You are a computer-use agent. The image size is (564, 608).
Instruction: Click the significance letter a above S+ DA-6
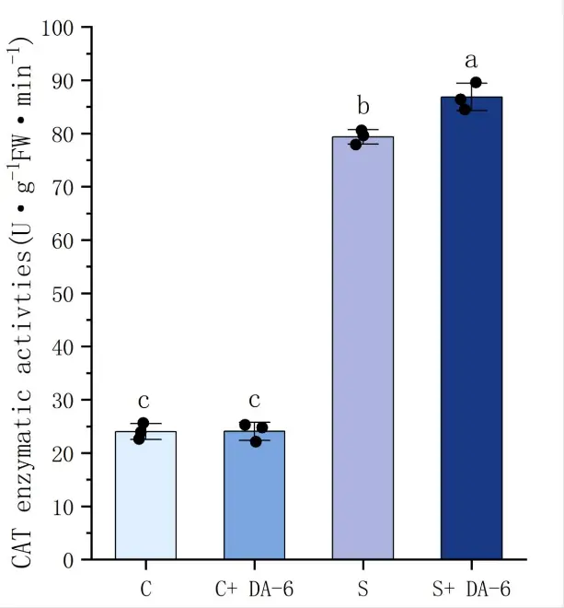click(471, 62)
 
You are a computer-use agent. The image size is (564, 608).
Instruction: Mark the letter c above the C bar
click(144, 401)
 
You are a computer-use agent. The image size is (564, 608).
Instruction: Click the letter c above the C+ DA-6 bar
click(254, 401)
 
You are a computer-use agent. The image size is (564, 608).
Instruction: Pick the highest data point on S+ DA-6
click(476, 83)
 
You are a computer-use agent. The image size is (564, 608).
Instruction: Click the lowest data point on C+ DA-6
click(257, 441)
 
